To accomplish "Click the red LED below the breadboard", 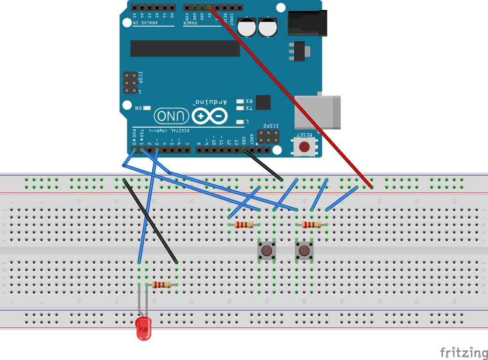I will (x=143, y=328).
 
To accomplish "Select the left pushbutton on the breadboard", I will (x=266, y=251).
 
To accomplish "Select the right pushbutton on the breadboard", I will (x=304, y=251).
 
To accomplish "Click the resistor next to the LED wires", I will (x=161, y=284).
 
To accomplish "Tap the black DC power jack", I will (x=305, y=23).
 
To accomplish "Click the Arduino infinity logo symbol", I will (x=210, y=116).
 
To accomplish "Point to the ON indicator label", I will (x=139, y=108).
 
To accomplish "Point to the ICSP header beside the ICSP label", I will (x=129, y=83).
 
